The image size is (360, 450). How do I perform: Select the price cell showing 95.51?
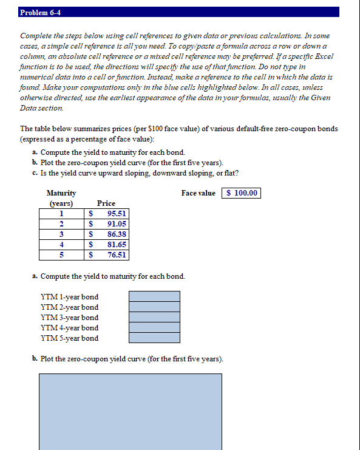click(116, 213)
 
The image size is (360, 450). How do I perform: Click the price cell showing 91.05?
click(116, 223)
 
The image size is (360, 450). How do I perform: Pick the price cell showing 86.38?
click(116, 234)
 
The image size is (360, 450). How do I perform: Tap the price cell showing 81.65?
click(116, 244)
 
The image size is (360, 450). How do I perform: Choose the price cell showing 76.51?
click(116, 254)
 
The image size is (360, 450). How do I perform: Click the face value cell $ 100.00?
click(242, 193)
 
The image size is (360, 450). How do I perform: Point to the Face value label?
click(198, 193)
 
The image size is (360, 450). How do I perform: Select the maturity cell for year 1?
click(61, 213)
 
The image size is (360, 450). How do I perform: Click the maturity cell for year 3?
click(61, 234)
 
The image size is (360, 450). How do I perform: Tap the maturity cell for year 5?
click(61, 254)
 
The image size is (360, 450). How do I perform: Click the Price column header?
click(106, 203)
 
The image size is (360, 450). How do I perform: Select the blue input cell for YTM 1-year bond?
click(154, 296)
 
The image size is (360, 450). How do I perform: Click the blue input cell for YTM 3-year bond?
click(154, 317)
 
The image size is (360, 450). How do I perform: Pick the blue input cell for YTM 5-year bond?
click(154, 338)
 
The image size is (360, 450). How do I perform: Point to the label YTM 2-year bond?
click(69, 307)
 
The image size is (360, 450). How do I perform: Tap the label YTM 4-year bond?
click(69, 328)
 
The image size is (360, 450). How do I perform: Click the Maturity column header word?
click(61, 193)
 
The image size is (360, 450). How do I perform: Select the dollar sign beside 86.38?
click(90, 234)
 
